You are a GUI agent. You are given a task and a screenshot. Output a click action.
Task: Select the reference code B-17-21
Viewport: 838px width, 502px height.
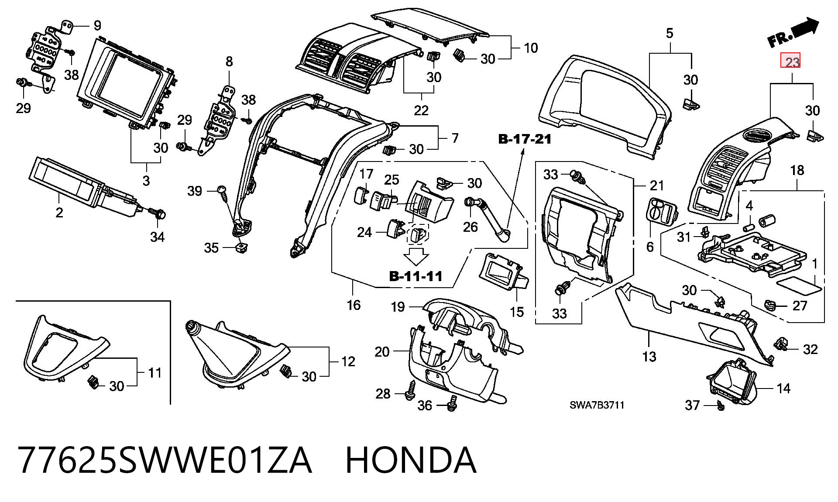tap(525, 139)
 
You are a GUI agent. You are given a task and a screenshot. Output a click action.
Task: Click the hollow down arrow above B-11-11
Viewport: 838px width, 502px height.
tap(416, 256)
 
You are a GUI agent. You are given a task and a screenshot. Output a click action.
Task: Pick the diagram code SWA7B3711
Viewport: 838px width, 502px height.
tap(597, 405)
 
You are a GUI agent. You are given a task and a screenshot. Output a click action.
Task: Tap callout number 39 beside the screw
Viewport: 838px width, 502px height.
tap(195, 191)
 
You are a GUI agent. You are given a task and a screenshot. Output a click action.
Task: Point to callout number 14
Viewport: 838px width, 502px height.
tap(784, 388)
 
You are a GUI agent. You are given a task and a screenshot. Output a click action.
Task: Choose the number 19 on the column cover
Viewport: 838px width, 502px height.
tap(398, 307)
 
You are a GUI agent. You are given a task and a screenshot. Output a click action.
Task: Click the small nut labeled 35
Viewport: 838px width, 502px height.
tap(240, 248)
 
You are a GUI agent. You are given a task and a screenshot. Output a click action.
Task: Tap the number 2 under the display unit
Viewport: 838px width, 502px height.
tap(59, 213)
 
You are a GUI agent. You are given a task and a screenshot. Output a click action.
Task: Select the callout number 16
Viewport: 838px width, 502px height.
tap(354, 305)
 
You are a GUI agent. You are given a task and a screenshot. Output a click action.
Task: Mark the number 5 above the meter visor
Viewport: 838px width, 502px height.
tap(670, 33)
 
